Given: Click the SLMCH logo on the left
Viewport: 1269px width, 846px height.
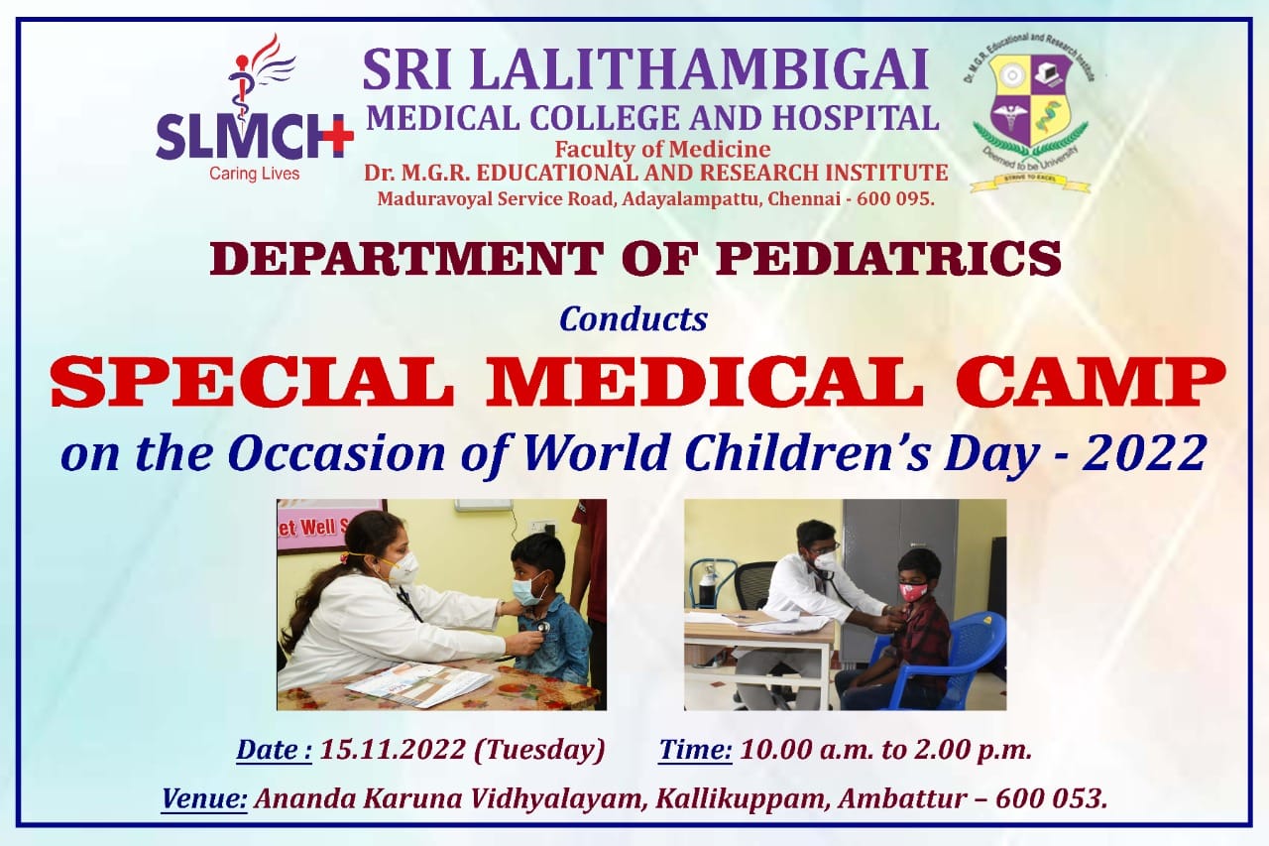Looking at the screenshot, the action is coord(255,108).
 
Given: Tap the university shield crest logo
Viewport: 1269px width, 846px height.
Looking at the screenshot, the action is coord(1030,112).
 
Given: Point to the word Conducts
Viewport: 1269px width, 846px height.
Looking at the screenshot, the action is coord(634,319).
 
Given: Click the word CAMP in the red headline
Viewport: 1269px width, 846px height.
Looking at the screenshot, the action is coord(1092,381).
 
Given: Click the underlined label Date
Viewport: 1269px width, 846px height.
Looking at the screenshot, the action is coord(274,750).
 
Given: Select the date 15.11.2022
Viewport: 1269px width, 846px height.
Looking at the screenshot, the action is coord(393,750).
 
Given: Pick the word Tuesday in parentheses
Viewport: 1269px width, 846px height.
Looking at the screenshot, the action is coord(539,751).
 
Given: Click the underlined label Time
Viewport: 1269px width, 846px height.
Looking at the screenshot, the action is coord(695,750).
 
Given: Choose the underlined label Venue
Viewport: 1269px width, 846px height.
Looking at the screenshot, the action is coord(204,799).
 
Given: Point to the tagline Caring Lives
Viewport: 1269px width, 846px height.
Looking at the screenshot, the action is coord(255,174).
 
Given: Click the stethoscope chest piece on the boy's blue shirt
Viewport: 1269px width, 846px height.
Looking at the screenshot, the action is coord(542,627).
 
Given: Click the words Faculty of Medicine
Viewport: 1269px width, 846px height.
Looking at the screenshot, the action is coord(662,150).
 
